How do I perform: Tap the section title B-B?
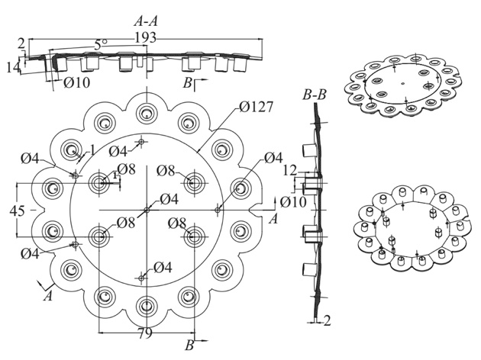(x=316, y=95)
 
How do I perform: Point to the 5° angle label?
(x=101, y=45)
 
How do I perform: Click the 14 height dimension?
(x=12, y=67)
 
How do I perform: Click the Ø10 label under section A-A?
(x=74, y=82)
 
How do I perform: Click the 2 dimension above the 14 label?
(x=21, y=43)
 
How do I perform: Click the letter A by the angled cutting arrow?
(x=48, y=297)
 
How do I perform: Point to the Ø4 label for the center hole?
(x=168, y=199)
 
